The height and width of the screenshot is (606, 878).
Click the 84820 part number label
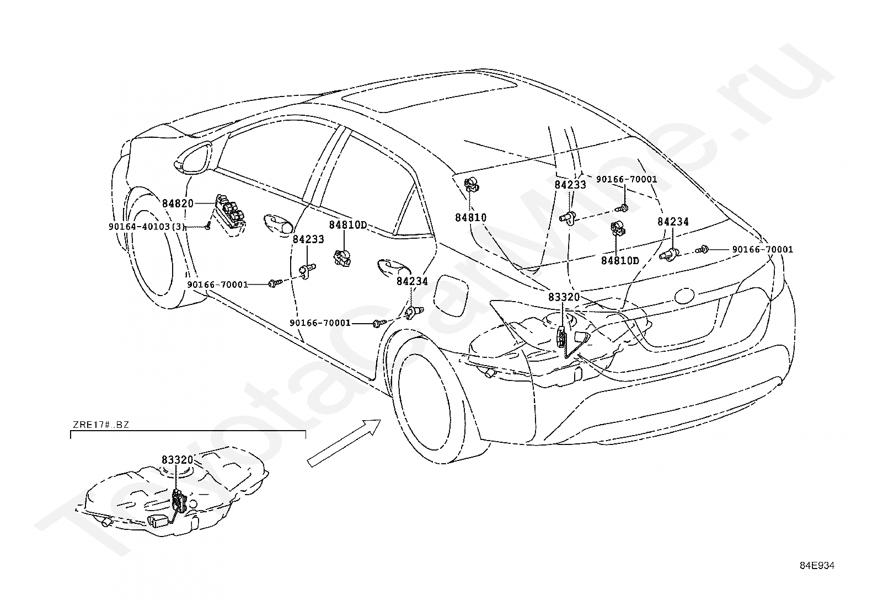(x=178, y=203)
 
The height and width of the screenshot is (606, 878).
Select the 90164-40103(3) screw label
(x=147, y=227)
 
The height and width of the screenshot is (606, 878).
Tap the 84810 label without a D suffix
(x=471, y=218)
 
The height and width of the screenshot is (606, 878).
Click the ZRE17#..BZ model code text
(x=101, y=425)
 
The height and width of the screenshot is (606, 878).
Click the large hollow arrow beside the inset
(x=344, y=443)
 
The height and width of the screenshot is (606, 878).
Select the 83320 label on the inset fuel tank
(x=178, y=460)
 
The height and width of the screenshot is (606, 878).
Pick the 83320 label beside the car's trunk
(x=564, y=297)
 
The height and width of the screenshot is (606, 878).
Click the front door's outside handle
(x=279, y=224)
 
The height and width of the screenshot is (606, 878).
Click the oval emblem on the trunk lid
(x=684, y=296)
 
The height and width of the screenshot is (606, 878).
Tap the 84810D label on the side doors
(x=348, y=224)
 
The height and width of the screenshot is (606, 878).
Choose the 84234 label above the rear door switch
(x=412, y=281)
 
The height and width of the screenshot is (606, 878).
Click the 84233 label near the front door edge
(x=308, y=239)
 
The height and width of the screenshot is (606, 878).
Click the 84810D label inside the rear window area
(x=620, y=260)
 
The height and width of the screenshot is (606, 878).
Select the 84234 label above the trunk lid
(x=673, y=222)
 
